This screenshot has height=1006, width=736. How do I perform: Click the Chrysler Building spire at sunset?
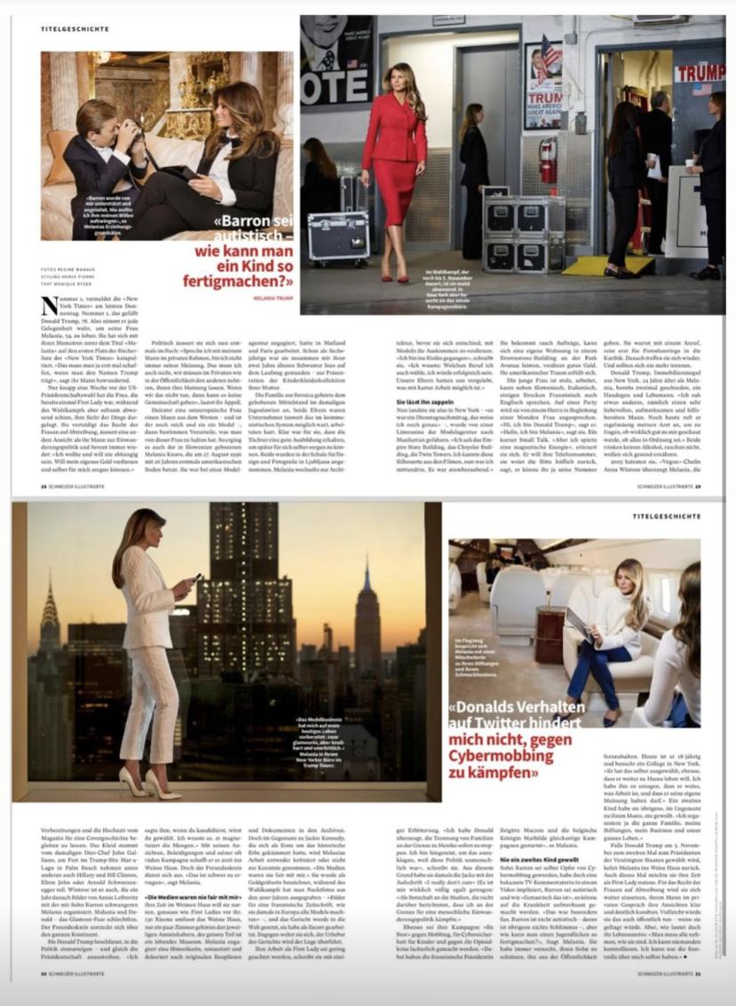coord(49,622)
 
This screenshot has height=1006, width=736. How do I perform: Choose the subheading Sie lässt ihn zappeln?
coord(419,401)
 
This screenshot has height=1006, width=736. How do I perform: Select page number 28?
coord(44,487)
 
